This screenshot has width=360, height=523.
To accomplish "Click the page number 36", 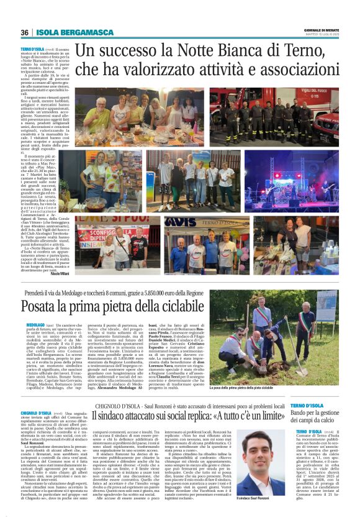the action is pos(24,32).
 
